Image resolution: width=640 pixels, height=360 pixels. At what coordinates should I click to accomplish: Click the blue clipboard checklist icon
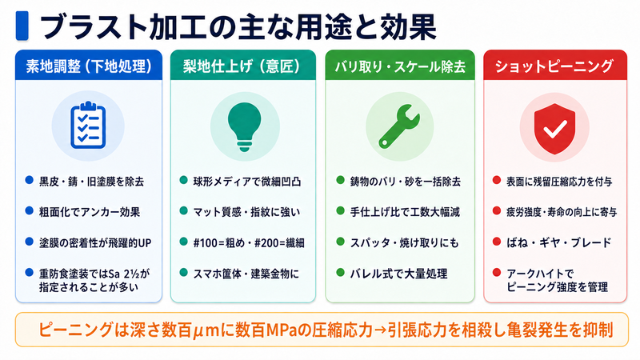pyautogui.click(x=88, y=126)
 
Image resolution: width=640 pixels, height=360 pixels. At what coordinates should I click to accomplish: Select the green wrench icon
pyautogui.click(x=398, y=126)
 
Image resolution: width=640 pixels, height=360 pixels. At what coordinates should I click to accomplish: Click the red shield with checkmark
pyautogui.click(x=554, y=129)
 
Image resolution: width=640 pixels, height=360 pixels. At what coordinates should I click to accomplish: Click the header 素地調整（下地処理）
pyautogui.click(x=89, y=66)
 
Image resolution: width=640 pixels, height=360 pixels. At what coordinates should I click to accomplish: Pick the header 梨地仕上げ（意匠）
pyautogui.click(x=242, y=66)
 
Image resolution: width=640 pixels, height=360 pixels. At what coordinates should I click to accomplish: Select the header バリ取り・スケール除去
pyautogui.click(x=400, y=66)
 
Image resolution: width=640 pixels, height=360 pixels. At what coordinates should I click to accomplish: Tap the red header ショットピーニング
pyautogui.click(x=554, y=66)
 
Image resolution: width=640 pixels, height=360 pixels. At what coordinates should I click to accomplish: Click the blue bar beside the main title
pyautogui.click(x=22, y=26)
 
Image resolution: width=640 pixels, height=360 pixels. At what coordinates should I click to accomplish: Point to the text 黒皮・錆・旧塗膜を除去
pyautogui.click(x=91, y=182)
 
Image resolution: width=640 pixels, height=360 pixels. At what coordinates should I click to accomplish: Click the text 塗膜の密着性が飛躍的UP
pyautogui.click(x=95, y=243)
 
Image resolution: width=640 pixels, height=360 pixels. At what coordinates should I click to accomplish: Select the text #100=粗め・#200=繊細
pyautogui.click(x=249, y=243)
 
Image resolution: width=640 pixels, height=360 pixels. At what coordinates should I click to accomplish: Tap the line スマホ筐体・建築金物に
pyautogui.click(x=246, y=274)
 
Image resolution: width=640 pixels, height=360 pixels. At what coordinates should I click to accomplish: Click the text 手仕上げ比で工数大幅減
pyautogui.click(x=405, y=212)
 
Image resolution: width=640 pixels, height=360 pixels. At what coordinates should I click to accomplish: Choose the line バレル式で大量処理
pyautogui.click(x=398, y=274)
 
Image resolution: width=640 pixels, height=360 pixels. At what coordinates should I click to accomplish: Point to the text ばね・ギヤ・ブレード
pyautogui.click(x=559, y=243)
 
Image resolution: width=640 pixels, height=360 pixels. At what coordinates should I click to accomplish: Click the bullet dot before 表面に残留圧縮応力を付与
pyautogui.click(x=496, y=180)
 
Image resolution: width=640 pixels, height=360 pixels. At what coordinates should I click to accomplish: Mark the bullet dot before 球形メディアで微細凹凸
pyautogui.click(x=183, y=180)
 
